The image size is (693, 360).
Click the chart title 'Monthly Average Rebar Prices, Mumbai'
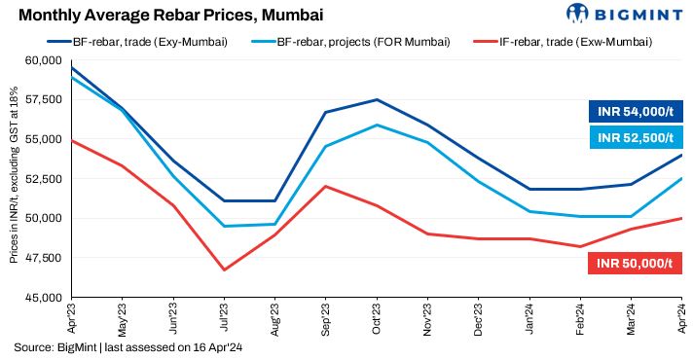pyautogui.click(x=171, y=16)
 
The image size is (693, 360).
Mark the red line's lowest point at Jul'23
pyautogui.click(x=225, y=270)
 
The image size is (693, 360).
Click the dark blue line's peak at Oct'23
pyautogui.click(x=377, y=100)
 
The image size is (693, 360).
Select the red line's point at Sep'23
pyautogui.click(x=326, y=186)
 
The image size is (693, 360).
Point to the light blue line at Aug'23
pyautogui.click(x=275, y=225)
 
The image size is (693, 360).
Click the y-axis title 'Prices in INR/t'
pyautogui.click(x=14, y=179)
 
